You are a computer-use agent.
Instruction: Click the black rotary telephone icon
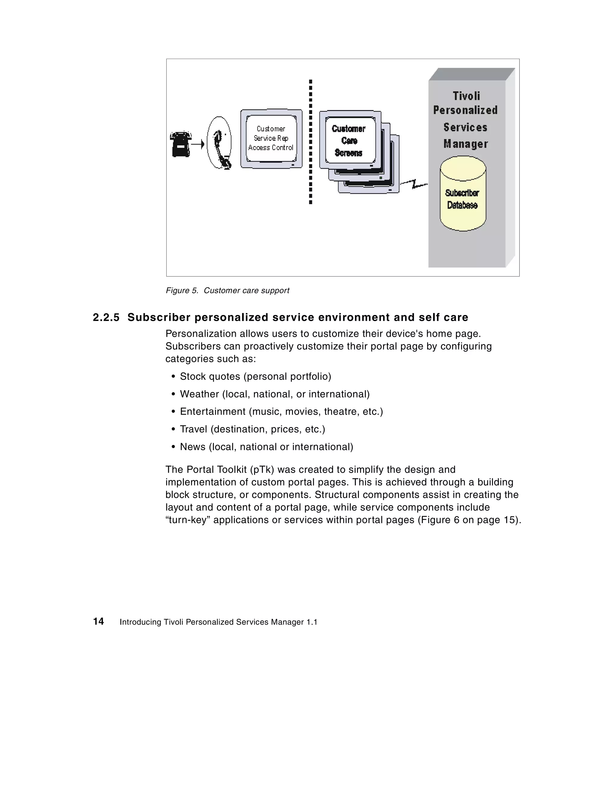[x=180, y=145]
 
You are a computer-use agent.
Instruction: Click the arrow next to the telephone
[x=197, y=145]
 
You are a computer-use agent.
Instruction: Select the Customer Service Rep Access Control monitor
[x=271, y=139]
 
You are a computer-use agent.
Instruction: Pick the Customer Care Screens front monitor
[x=350, y=140]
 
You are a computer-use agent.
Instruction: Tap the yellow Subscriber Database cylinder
[x=463, y=199]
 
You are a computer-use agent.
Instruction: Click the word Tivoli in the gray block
[x=466, y=96]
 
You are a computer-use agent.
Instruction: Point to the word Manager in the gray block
[x=466, y=144]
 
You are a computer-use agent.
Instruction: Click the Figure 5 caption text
[x=227, y=290]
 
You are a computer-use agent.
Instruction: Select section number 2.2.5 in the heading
[x=106, y=317]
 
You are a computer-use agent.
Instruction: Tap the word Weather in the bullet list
[x=199, y=394]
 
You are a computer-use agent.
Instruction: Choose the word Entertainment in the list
[x=213, y=412]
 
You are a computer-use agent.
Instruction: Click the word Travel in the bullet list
[x=193, y=429]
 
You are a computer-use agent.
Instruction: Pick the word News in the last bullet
[x=192, y=447]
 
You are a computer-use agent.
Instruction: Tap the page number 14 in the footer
[x=98, y=621]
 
